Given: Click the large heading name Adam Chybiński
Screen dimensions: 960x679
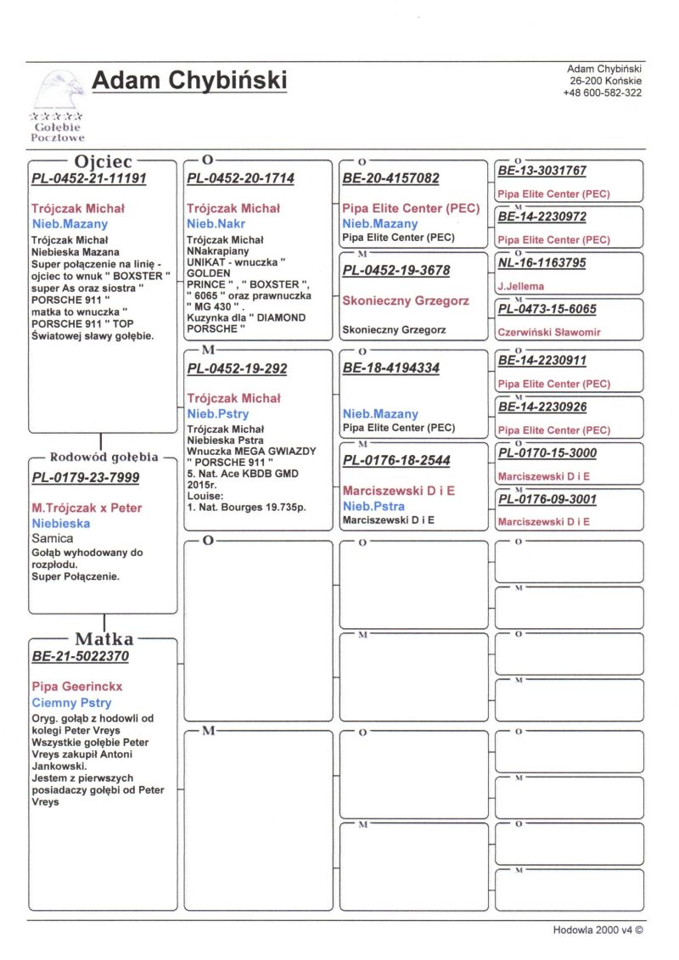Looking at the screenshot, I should point(188,81).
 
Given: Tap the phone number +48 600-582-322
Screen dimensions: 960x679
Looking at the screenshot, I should point(602,93).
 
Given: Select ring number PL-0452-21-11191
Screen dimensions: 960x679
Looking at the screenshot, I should point(89,179).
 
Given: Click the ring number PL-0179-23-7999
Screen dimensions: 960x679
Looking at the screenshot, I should point(86,478).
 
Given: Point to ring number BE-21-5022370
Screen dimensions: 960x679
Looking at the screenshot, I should point(81,656).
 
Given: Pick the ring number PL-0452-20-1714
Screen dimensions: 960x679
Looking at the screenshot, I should point(240,179).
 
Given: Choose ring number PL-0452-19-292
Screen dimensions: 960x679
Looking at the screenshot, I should point(237,369).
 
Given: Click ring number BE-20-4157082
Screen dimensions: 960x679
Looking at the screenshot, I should point(390,179).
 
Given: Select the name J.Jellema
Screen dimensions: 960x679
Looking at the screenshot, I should point(521,286).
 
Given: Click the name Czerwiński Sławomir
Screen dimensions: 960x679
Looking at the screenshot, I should point(548,332).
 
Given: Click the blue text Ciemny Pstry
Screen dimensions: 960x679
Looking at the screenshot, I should point(71,703).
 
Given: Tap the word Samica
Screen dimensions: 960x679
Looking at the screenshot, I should point(53,538).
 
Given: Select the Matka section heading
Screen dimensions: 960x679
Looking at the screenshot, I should point(104,638).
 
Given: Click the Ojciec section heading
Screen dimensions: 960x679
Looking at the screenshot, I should point(103,161).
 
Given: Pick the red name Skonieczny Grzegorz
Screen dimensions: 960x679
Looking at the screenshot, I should point(396,300).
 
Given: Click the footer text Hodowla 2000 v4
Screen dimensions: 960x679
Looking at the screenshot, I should point(598,929).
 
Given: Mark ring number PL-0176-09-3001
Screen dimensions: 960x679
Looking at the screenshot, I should point(547,499).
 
